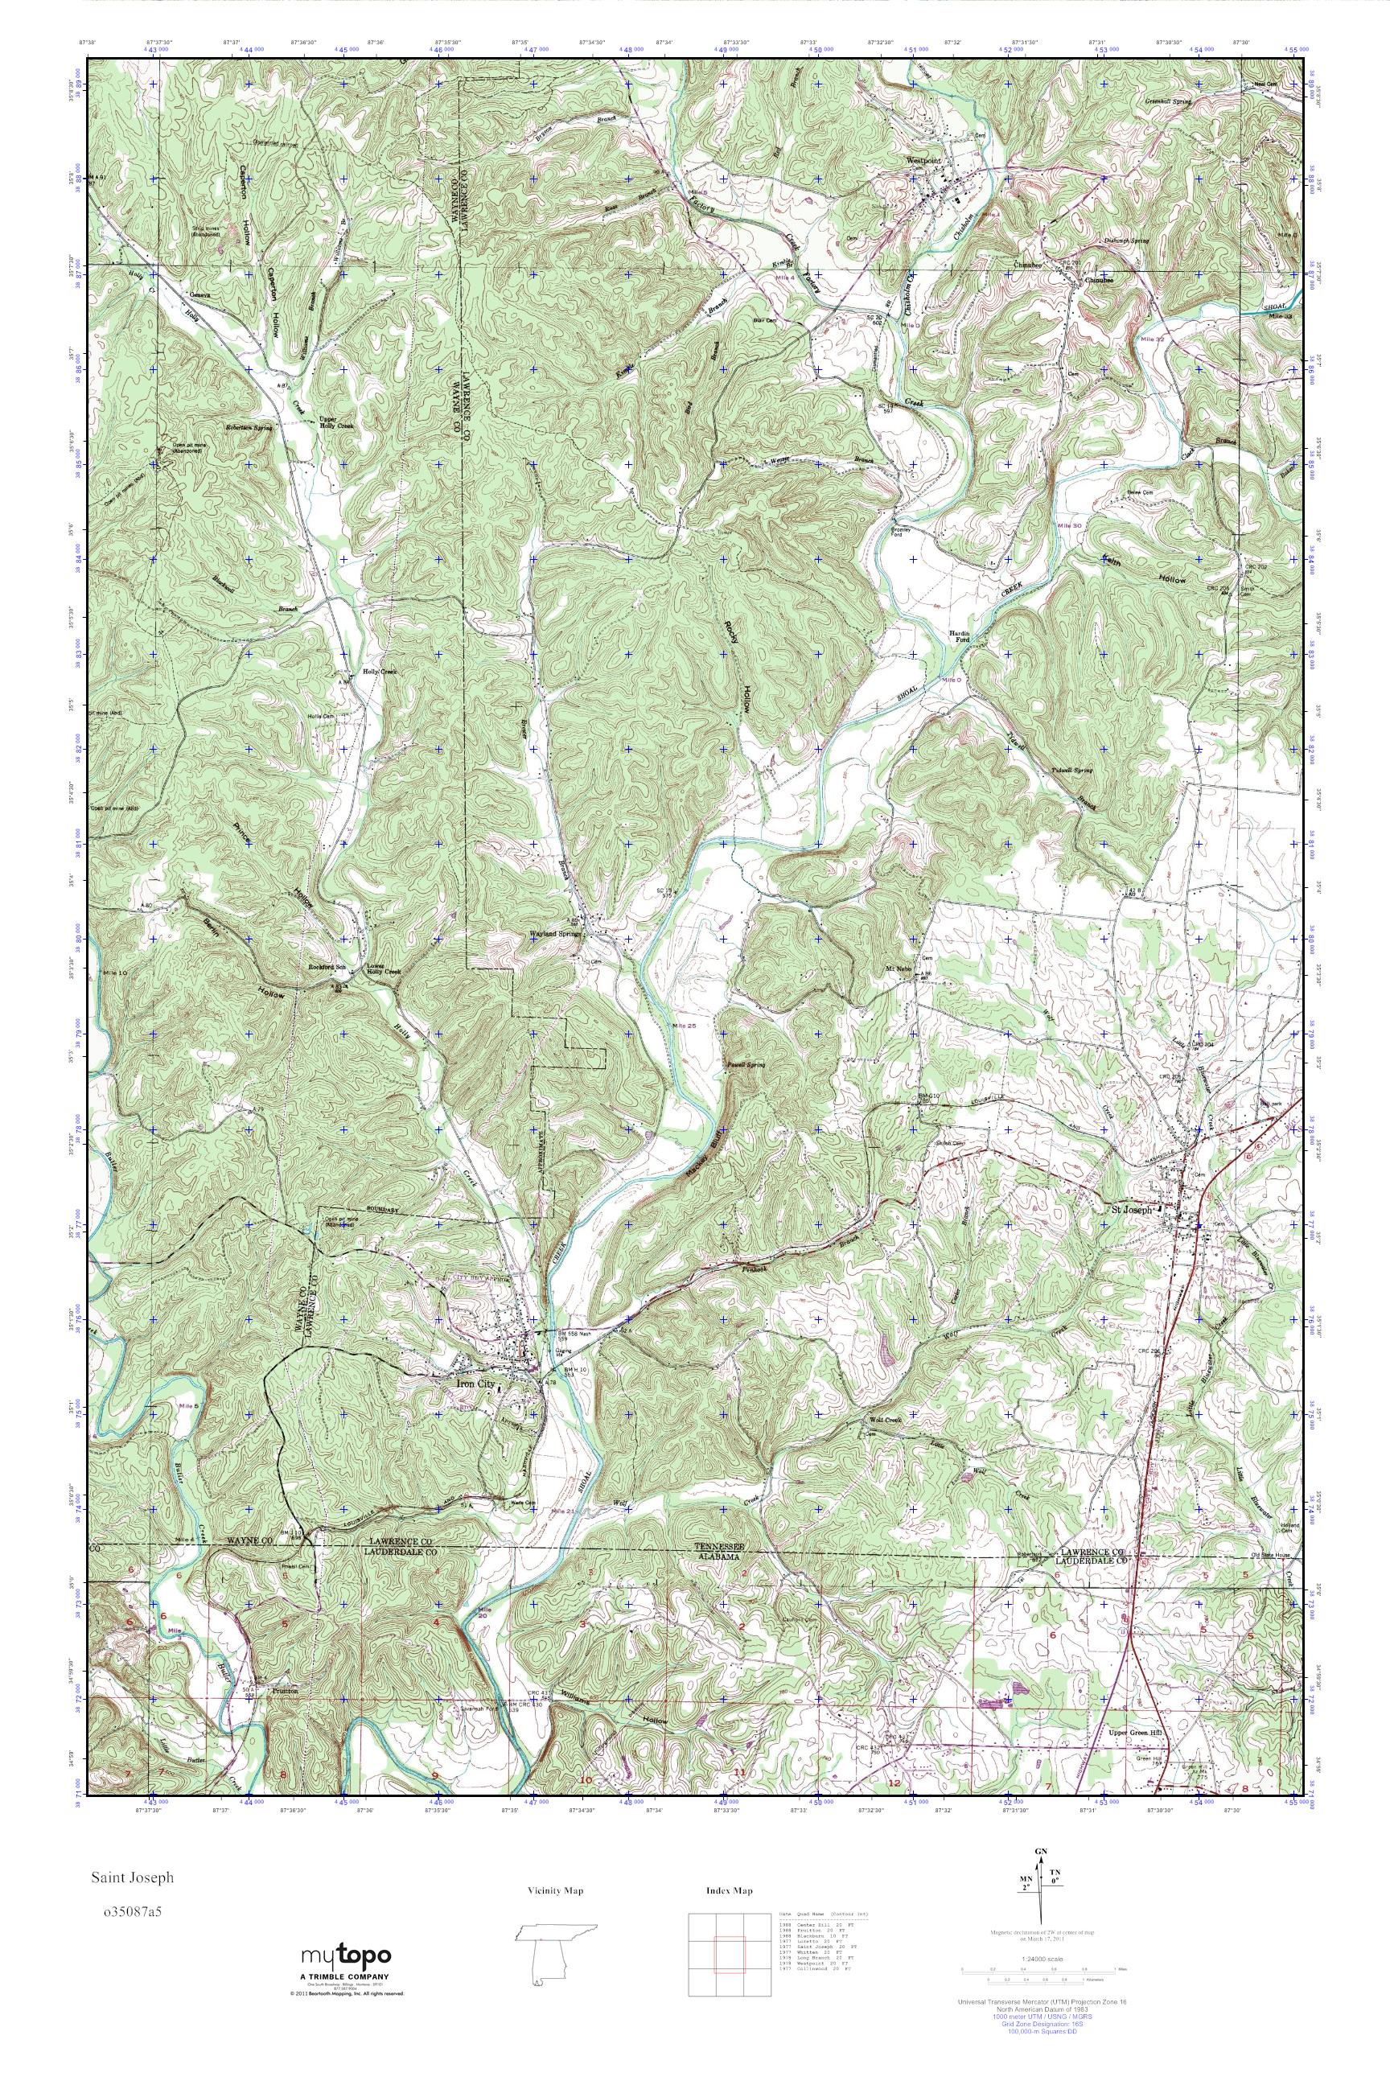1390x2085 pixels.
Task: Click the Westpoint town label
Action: coord(923,160)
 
